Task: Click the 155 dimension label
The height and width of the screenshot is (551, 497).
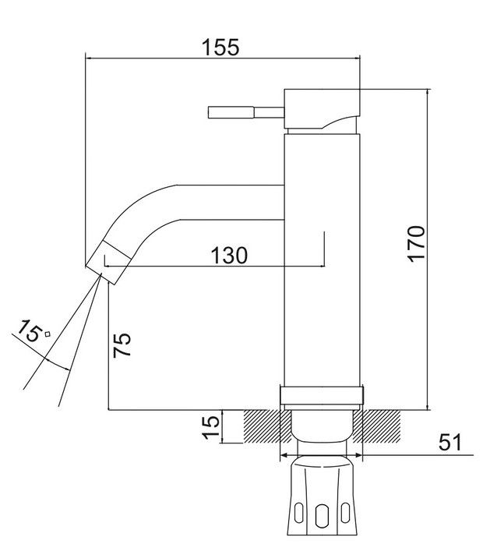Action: point(221,47)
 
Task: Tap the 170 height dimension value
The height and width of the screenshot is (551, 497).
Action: point(417,244)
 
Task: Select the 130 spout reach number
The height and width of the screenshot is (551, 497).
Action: point(229,256)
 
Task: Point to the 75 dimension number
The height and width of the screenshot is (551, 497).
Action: point(122,344)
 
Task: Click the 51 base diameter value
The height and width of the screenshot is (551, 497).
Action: point(450,442)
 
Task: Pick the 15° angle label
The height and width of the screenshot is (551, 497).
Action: point(33,330)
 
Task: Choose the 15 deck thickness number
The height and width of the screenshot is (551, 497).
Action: point(211,427)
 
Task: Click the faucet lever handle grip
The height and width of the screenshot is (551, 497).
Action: point(231,113)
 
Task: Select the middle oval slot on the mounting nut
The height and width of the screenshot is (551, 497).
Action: point(321,516)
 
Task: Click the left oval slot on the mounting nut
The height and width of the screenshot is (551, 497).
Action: point(298,513)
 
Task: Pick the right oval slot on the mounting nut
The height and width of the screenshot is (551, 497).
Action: point(345,513)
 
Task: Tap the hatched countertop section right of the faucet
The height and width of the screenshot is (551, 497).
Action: point(376,426)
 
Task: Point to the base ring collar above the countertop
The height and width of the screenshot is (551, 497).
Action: point(322,395)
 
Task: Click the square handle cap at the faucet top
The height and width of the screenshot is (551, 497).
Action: point(322,108)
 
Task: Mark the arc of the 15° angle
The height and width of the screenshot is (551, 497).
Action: point(57,365)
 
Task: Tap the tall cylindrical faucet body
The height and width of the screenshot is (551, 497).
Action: point(322,260)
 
